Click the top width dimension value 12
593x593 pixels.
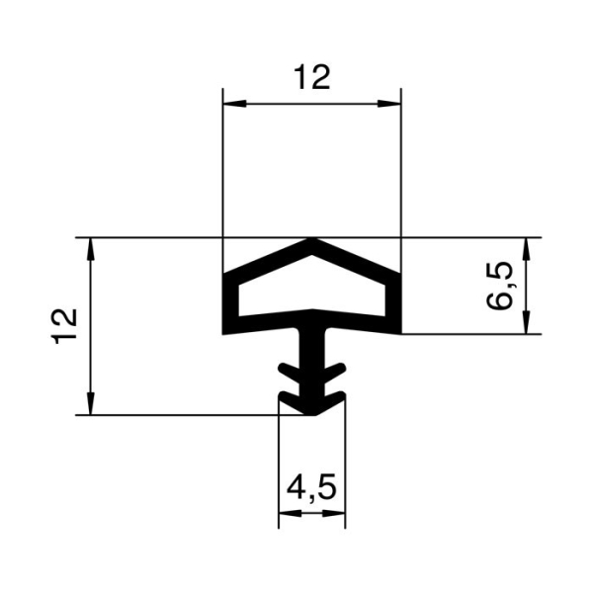[312, 76]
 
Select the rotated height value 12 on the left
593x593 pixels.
[65, 325]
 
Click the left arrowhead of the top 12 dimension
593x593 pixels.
[230, 104]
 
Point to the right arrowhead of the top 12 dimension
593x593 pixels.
[394, 104]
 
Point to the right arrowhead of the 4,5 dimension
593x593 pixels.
[339, 513]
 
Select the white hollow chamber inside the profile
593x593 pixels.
[312, 291]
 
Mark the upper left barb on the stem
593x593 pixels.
[288, 371]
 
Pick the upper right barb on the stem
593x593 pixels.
[338, 371]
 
